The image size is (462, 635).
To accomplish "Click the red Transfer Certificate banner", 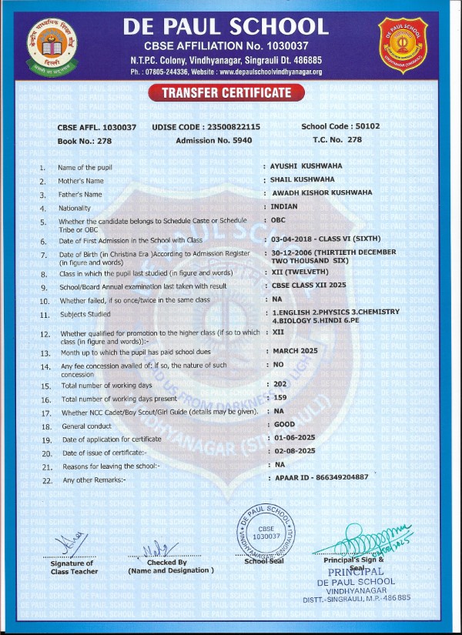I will (227, 93).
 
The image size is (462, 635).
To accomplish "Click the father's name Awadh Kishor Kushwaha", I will (321, 192).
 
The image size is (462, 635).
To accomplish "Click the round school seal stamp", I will (266, 533).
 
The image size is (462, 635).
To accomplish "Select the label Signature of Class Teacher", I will (75, 567).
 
